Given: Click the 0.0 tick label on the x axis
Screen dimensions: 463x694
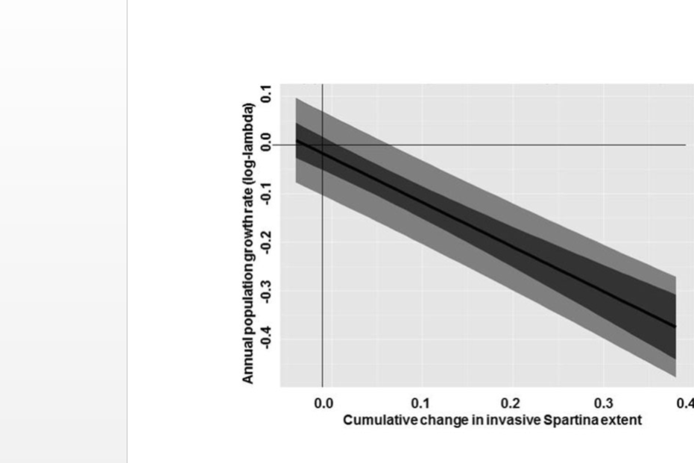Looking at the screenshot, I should click(324, 403).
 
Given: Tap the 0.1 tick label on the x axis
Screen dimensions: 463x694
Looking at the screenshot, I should click(420, 403).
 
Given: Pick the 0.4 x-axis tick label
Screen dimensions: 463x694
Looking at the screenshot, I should click(686, 403).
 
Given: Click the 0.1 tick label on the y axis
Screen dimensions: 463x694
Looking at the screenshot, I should click(267, 95).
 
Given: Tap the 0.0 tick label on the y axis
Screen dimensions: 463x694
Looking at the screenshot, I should click(267, 144).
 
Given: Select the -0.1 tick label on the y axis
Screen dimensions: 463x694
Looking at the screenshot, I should click(267, 191).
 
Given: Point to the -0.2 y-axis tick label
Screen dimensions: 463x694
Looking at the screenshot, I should click(267, 240).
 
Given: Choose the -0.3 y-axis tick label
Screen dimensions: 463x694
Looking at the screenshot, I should click(267, 289).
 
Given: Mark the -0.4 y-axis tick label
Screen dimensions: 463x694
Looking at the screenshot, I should click(267, 337).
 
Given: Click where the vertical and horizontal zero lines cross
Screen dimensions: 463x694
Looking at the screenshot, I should click(322, 145).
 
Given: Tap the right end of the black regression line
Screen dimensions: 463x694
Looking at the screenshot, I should click(675, 327).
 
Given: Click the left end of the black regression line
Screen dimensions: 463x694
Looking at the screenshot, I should click(296, 139).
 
